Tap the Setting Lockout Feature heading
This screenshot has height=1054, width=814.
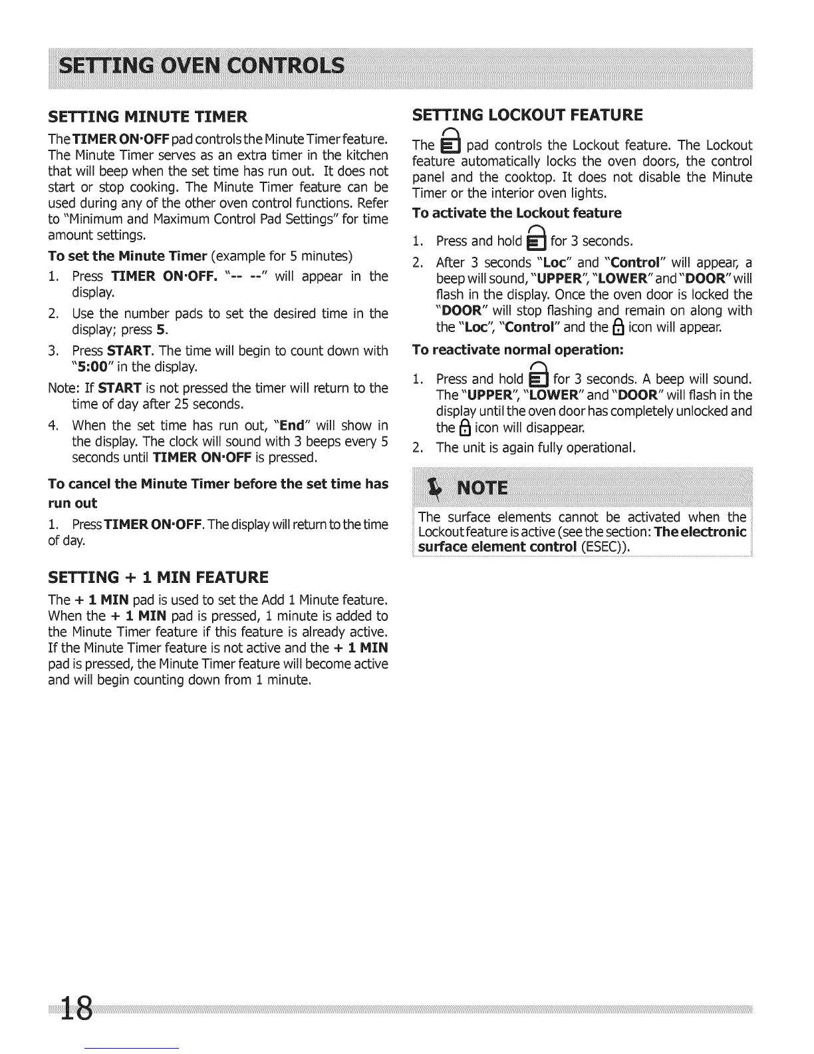[x=527, y=115]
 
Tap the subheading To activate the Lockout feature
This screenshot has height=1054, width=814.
[x=517, y=213]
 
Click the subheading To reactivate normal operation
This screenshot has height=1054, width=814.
[x=517, y=349]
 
